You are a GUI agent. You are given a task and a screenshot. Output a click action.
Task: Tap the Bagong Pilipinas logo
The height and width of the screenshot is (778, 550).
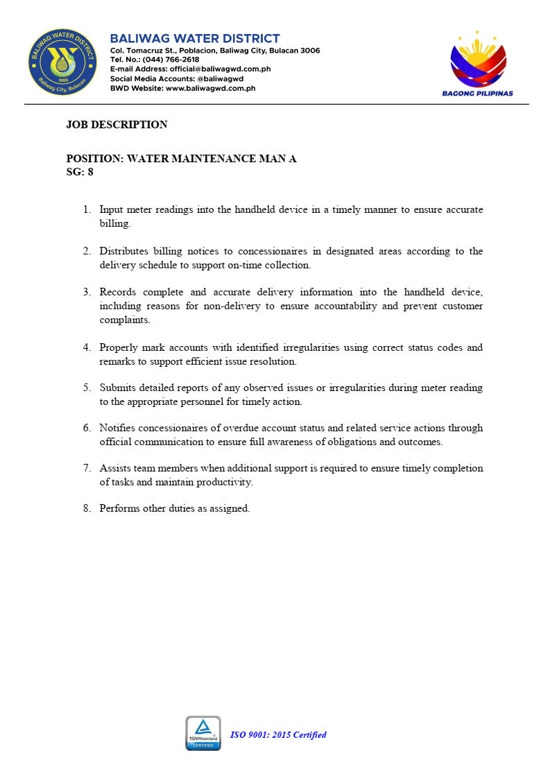tap(478, 62)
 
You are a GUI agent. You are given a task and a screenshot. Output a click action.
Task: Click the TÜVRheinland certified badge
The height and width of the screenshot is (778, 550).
tap(203, 733)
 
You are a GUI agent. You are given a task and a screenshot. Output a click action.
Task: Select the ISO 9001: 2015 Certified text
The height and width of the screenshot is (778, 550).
tap(278, 735)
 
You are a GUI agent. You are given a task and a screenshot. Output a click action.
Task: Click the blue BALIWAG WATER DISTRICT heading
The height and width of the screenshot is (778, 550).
tap(195, 39)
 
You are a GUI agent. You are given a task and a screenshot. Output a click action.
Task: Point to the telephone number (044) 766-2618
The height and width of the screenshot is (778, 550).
tap(171, 60)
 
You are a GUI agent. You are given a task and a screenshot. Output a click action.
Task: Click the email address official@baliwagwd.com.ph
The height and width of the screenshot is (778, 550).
tap(220, 69)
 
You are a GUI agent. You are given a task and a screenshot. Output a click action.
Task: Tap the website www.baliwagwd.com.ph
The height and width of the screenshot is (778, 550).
tap(211, 88)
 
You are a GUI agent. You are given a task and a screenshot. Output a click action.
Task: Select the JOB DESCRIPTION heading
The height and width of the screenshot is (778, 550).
tap(117, 125)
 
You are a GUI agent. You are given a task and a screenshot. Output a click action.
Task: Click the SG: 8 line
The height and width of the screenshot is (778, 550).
tap(80, 172)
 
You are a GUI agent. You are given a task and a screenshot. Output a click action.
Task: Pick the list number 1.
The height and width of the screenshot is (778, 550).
tap(87, 209)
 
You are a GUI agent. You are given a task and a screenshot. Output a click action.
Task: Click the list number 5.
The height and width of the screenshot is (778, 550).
tap(87, 388)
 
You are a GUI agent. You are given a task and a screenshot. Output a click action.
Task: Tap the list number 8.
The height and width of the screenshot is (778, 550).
tap(87, 508)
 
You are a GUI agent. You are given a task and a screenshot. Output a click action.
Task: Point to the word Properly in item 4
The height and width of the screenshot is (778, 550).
tap(119, 347)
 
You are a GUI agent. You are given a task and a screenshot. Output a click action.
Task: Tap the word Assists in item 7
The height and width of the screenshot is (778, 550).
tap(115, 468)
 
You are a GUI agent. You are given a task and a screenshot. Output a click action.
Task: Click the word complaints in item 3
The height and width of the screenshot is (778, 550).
tap(125, 320)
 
